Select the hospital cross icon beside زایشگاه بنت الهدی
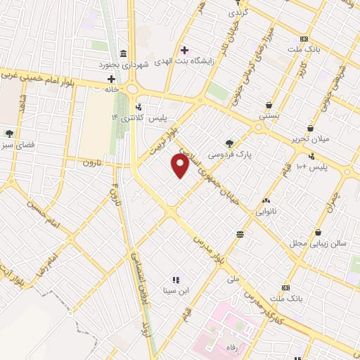pos(185,50)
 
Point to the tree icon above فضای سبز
pos(9,133)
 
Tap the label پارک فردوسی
pos(231,153)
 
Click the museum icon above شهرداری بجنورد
pos(124,53)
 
